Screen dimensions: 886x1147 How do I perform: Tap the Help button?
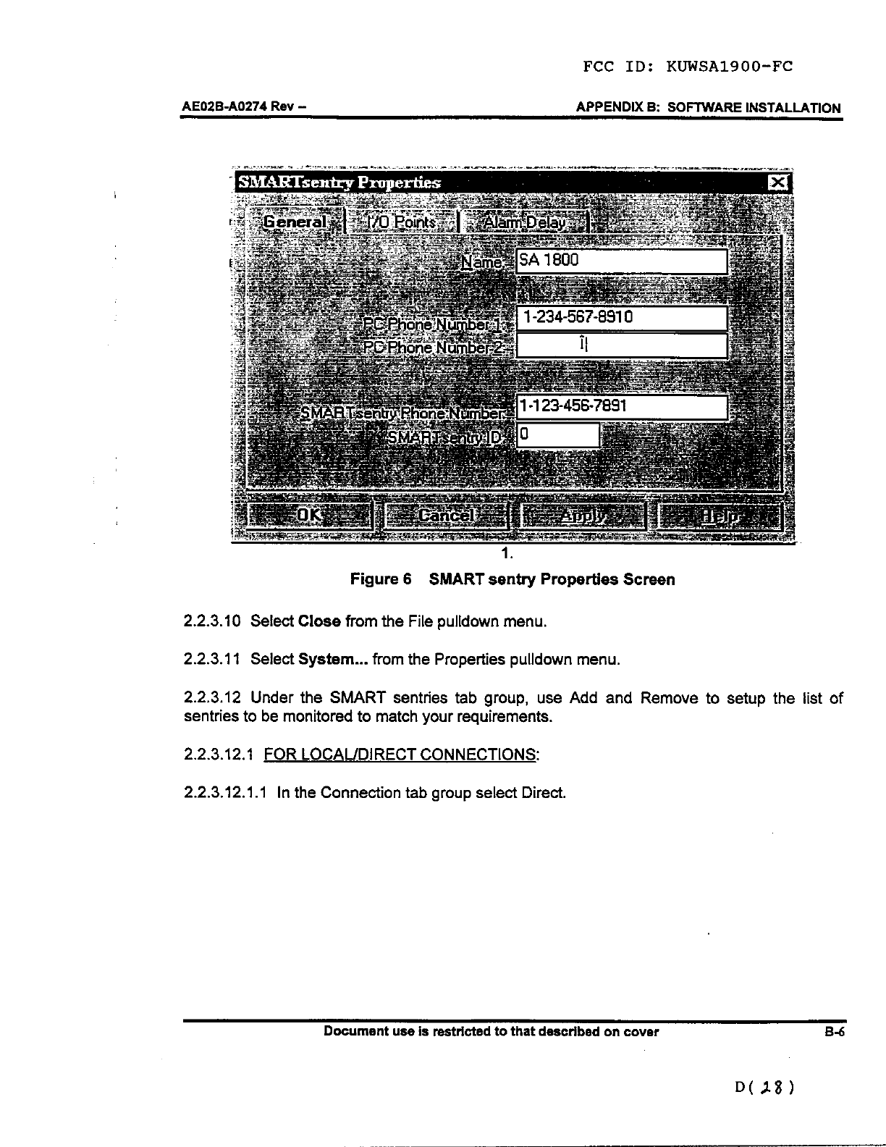click(x=720, y=516)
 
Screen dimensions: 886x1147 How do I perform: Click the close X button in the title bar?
click(x=778, y=182)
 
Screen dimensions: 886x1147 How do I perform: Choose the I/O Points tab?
click(x=402, y=222)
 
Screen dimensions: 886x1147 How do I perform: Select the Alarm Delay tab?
click(x=526, y=222)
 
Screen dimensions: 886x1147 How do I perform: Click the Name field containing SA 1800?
click(x=620, y=261)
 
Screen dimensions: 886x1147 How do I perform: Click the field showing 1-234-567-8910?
click(x=620, y=318)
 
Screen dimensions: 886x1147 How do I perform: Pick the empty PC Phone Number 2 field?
click(x=620, y=346)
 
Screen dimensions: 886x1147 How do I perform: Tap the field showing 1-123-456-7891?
click(x=620, y=407)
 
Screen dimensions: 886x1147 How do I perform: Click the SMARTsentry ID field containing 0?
click(x=557, y=435)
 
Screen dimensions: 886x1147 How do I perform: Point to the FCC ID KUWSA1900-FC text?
click(x=688, y=67)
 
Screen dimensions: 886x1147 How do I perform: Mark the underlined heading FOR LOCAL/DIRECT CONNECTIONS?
click(x=402, y=755)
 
